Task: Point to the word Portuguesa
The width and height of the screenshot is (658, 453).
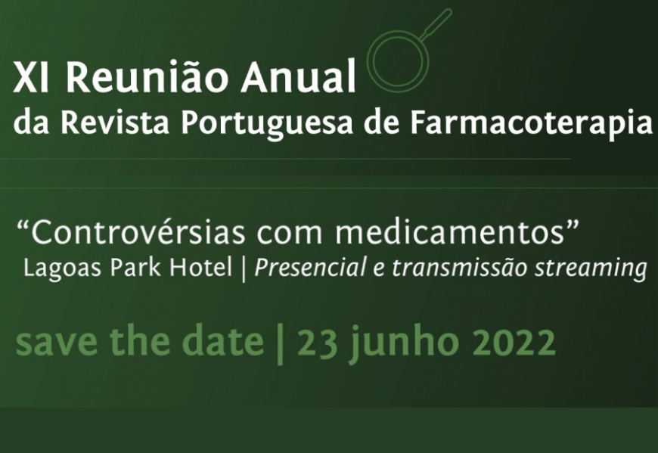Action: (267, 125)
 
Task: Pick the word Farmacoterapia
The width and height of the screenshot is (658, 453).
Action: (531, 124)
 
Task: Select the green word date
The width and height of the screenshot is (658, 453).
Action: (224, 340)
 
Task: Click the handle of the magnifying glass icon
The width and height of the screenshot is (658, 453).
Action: (436, 24)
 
